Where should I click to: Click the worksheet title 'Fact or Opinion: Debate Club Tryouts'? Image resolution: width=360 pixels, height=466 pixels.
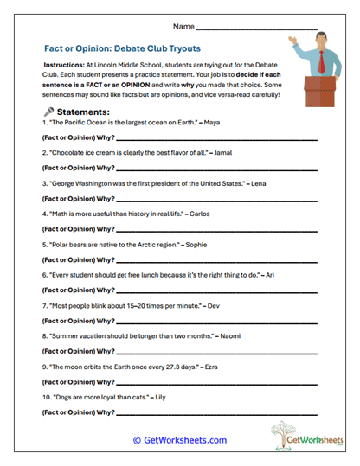(127, 50)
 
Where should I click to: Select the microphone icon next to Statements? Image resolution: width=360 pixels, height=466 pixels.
(48, 112)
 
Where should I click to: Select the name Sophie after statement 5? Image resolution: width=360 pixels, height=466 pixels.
(196, 245)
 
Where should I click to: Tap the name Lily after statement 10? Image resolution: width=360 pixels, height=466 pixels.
(161, 398)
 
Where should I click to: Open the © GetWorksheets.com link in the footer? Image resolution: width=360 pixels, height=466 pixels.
(180, 440)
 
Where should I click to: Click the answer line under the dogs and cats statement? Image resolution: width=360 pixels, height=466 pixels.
(216, 412)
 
